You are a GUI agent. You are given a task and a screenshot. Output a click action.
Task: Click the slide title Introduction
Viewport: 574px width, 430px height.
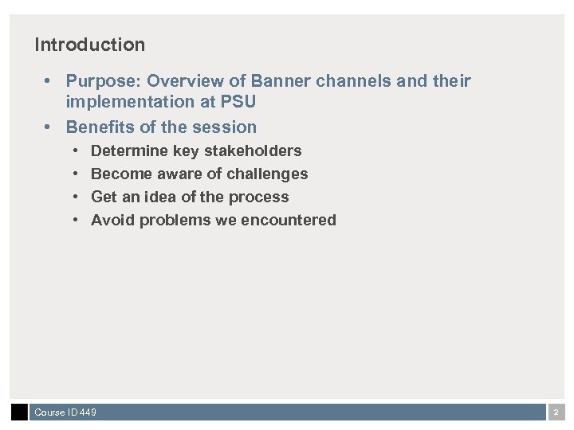click(89, 45)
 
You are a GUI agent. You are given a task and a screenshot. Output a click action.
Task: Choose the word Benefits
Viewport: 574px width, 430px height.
click(99, 127)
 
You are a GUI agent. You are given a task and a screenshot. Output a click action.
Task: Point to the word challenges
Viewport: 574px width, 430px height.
click(266, 174)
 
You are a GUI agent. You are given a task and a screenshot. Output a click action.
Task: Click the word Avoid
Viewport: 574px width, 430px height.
click(112, 221)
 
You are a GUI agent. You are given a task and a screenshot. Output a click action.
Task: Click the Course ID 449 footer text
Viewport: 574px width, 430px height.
click(65, 412)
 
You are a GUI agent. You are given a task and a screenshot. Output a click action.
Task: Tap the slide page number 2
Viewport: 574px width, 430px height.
click(556, 412)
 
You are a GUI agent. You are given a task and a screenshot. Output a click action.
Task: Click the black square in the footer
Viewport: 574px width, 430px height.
click(19, 412)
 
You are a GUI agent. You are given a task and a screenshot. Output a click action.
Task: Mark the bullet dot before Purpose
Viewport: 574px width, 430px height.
click(49, 81)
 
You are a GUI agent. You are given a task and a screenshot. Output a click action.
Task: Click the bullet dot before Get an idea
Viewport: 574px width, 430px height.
click(75, 197)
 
